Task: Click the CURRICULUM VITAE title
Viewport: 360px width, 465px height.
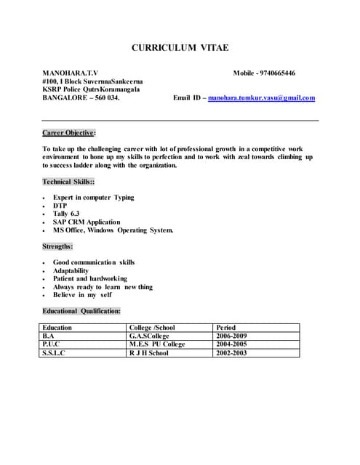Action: [180, 48]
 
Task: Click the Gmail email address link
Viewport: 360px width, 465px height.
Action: [261, 98]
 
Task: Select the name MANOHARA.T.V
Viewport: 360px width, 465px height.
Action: [69, 73]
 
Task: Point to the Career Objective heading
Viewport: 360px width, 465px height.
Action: [69, 133]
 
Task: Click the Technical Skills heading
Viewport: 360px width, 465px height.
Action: [68, 182]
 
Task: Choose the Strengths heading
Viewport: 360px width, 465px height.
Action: [57, 246]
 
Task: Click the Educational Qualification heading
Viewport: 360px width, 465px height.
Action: [81, 311]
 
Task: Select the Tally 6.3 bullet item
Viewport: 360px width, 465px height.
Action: [66, 214]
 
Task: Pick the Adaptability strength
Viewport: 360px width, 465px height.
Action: [71, 270]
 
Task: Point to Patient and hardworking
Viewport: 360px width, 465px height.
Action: [89, 278]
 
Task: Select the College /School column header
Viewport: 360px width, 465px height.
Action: [152, 328]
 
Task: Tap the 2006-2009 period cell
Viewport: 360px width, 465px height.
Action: [232, 336]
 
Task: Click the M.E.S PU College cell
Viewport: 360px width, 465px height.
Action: [157, 344]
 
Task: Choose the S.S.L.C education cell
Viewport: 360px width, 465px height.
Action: [54, 353]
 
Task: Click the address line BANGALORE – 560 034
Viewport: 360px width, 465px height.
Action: [81, 98]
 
